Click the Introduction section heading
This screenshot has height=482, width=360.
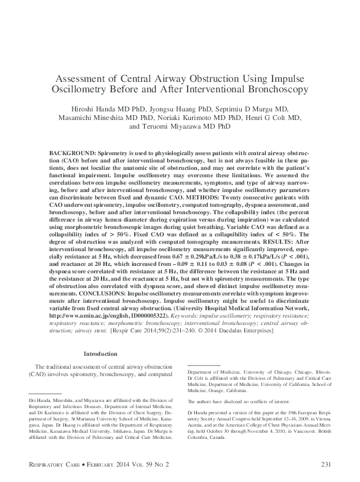pyautogui.click(x=100, y=354)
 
